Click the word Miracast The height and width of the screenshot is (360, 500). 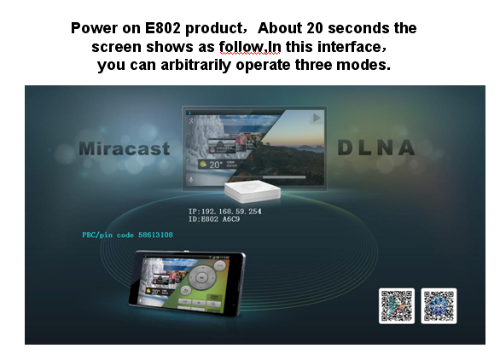click(124, 148)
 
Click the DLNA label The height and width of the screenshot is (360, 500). click(376, 148)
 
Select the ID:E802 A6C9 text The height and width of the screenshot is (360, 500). click(214, 219)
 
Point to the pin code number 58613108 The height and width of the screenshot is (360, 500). click(155, 235)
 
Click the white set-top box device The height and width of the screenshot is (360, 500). click(253, 191)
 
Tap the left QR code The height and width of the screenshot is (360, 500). click(397, 305)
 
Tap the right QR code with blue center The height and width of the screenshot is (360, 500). click(439, 305)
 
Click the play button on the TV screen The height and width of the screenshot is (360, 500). click(317, 118)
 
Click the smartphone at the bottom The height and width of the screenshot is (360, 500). click(187, 283)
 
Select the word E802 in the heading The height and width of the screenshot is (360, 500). click(163, 28)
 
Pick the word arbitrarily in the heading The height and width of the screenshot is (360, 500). click(195, 65)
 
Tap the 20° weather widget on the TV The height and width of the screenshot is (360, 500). click(218, 165)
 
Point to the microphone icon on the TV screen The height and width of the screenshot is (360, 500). click(190, 180)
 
